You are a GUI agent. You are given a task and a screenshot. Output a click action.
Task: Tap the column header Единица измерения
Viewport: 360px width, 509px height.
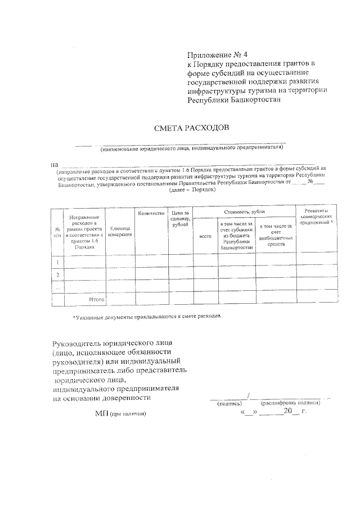(120, 231)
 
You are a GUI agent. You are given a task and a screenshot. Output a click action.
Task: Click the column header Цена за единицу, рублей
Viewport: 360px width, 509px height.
(181, 218)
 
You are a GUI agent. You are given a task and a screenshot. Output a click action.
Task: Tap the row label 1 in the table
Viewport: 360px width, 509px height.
(57, 261)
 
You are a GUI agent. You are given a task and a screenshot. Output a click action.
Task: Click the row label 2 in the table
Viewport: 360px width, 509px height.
(57, 274)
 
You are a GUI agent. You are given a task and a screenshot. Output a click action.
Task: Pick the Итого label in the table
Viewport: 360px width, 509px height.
(97, 299)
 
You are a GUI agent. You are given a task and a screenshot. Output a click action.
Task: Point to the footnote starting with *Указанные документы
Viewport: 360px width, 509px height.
(147, 316)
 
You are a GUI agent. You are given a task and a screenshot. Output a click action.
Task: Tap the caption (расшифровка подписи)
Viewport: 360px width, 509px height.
(290, 403)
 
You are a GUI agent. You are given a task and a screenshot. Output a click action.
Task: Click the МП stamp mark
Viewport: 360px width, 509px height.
(101, 413)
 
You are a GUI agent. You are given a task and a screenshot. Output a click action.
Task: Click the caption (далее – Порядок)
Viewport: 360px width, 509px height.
(192, 190)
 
